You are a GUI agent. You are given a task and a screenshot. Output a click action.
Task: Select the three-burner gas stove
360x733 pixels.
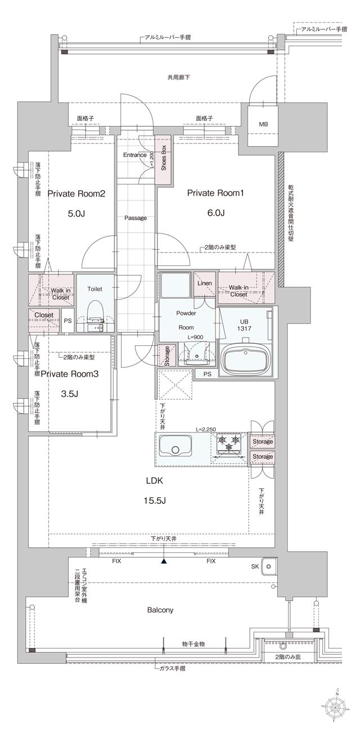point(229,442)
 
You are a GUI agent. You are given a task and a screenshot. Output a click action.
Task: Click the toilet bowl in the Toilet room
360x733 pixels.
point(94,312)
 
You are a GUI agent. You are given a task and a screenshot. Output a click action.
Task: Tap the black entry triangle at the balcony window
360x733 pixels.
point(164,561)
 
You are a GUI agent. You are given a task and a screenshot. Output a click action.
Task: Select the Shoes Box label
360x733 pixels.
point(164,158)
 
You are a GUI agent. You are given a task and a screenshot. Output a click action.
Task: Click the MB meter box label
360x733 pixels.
point(263,124)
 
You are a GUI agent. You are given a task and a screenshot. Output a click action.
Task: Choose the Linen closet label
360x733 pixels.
point(204,284)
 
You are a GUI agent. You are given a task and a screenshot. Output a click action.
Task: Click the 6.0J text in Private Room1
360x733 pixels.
point(215,213)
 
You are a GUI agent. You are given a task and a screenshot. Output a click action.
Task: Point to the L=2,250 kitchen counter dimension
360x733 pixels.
point(206,430)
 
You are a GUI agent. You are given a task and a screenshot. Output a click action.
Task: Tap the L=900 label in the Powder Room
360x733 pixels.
point(195,338)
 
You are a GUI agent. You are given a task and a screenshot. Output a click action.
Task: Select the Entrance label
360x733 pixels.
point(135,155)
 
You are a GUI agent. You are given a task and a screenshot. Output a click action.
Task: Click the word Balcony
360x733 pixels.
point(160,610)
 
